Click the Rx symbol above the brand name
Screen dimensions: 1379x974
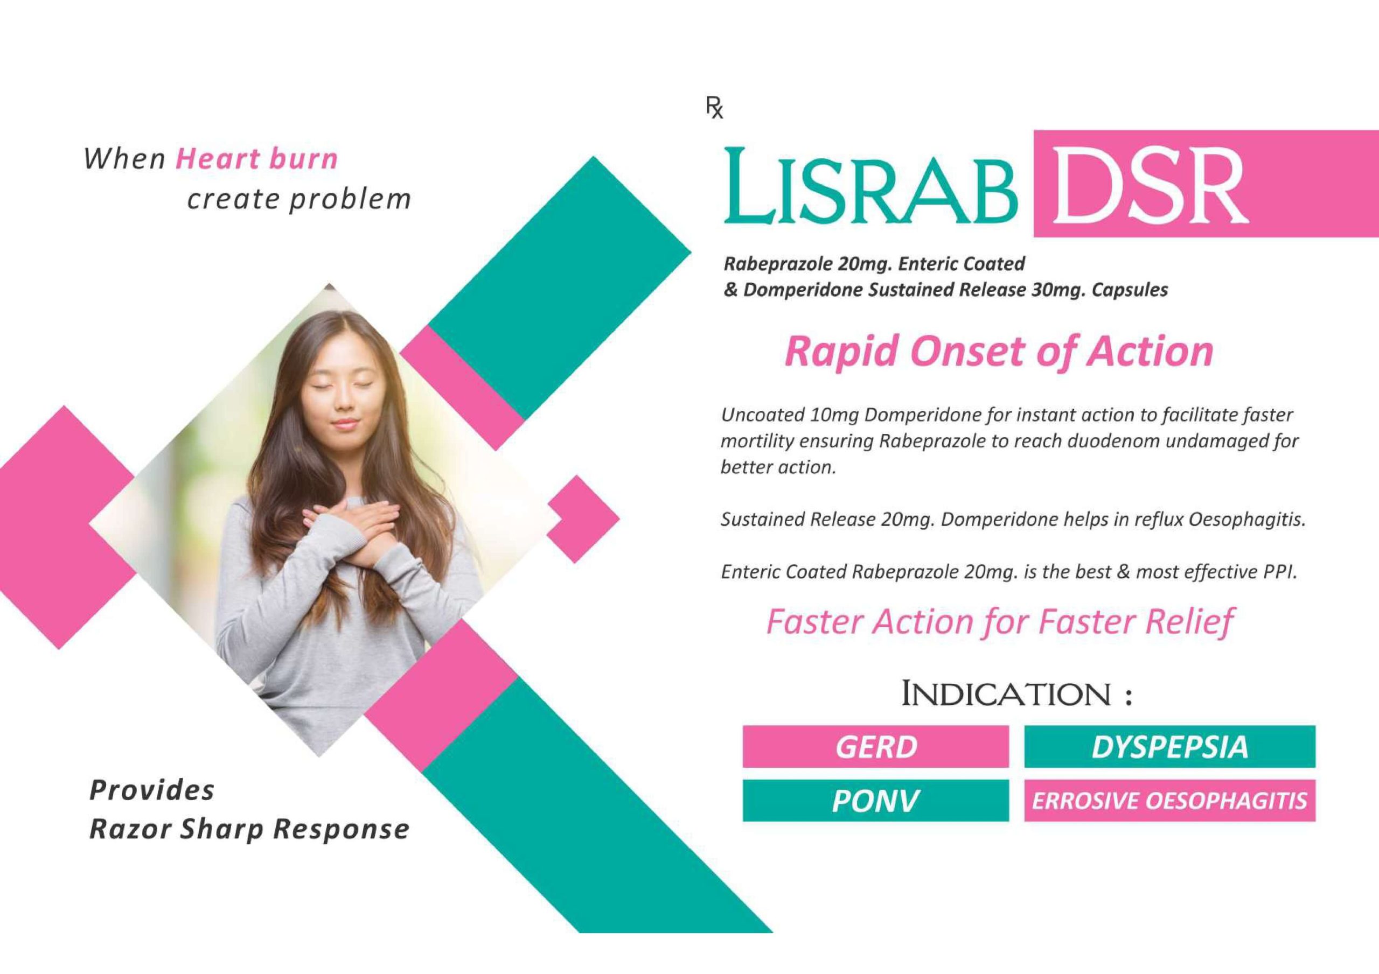[714, 108]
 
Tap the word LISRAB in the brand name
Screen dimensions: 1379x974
[871, 186]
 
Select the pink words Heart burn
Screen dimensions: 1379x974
[256, 159]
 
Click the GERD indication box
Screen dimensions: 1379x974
[876, 746]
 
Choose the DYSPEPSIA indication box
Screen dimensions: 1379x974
[1170, 746]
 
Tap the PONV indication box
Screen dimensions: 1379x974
[876, 801]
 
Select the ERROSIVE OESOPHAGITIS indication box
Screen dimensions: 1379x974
[1170, 801]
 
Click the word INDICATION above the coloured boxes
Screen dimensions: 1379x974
[1006, 694]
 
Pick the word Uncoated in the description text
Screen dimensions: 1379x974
[762, 415]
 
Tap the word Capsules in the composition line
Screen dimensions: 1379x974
[1130, 291]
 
